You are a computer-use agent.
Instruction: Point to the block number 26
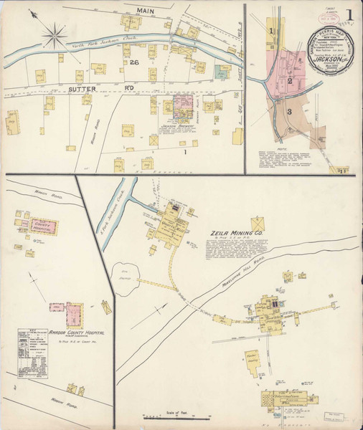(x=133, y=64)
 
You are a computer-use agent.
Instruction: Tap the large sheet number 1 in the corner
(x=349, y=15)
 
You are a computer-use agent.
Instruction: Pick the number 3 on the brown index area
(x=288, y=112)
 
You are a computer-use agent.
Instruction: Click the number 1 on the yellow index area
(x=272, y=32)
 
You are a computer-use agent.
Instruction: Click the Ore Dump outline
(x=126, y=273)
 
